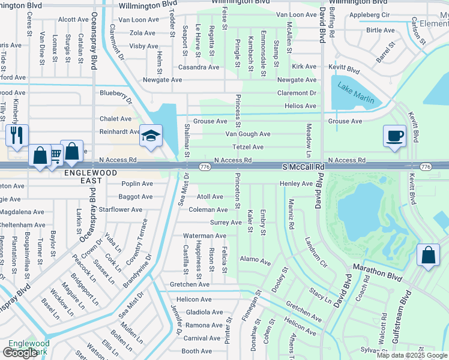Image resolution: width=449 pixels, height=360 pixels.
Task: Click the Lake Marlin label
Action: pyautogui.click(x=355, y=92)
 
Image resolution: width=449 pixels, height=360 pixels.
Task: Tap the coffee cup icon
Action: pyautogui.click(x=394, y=136)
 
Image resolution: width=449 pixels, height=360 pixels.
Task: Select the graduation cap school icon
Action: pyautogui.click(x=151, y=136)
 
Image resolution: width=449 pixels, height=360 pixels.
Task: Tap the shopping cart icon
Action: pyautogui.click(x=55, y=156)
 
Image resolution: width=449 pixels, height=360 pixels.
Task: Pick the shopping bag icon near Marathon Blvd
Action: pyautogui.click(x=428, y=255)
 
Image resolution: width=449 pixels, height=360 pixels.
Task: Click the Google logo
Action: pyautogui.click(x=20, y=353)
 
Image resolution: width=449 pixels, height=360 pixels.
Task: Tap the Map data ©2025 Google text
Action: pyautogui.click(x=411, y=355)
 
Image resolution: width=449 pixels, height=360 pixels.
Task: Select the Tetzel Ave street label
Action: pyautogui.click(x=249, y=147)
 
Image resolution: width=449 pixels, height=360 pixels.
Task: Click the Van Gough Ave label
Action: pyautogui.click(x=247, y=134)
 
